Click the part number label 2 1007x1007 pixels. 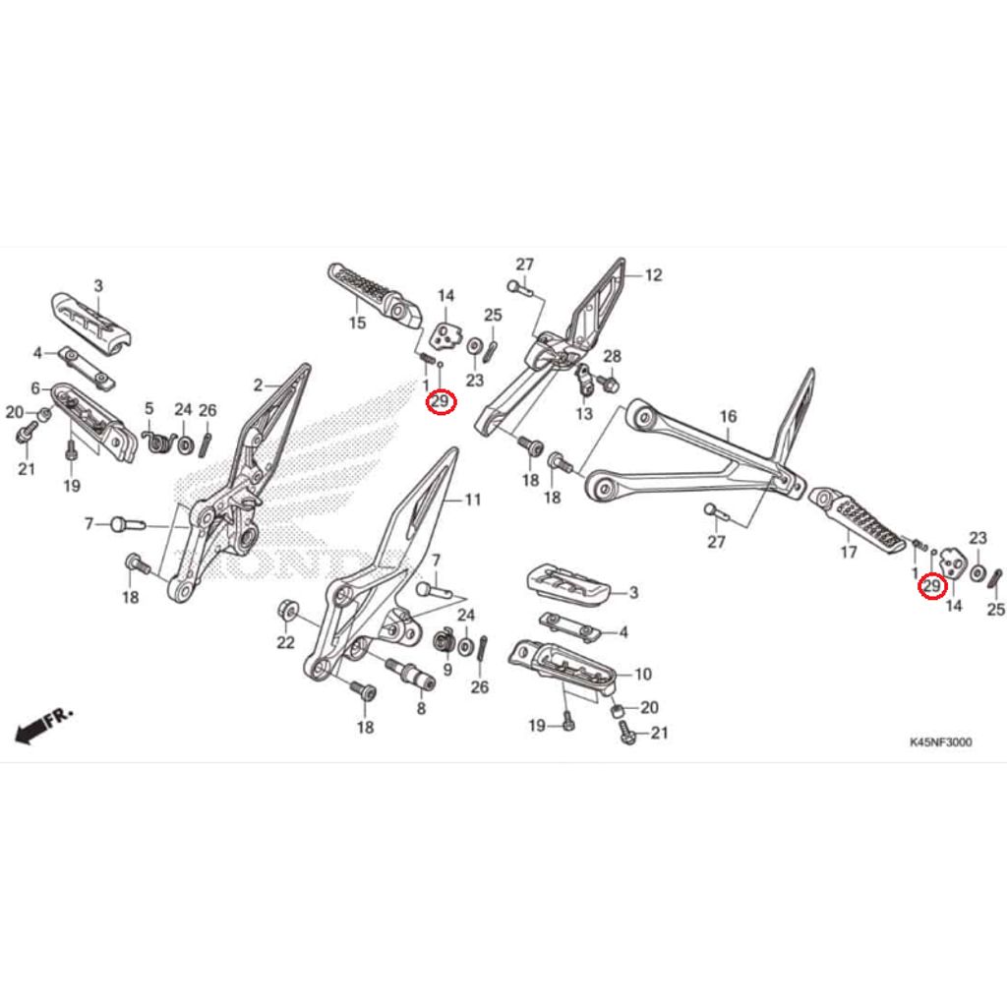(258, 385)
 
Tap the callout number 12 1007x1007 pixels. (654, 275)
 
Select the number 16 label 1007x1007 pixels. (728, 417)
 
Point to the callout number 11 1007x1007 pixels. (473, 501)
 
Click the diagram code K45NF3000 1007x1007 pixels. (940, 742)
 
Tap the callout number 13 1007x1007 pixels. (585, 414)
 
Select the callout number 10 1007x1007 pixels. (642, 675)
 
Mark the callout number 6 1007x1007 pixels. (35, 388)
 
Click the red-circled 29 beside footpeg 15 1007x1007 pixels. (440, 402)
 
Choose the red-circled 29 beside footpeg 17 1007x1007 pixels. (930, 587)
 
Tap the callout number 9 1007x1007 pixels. (446, 670)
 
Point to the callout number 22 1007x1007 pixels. (285, 643)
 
